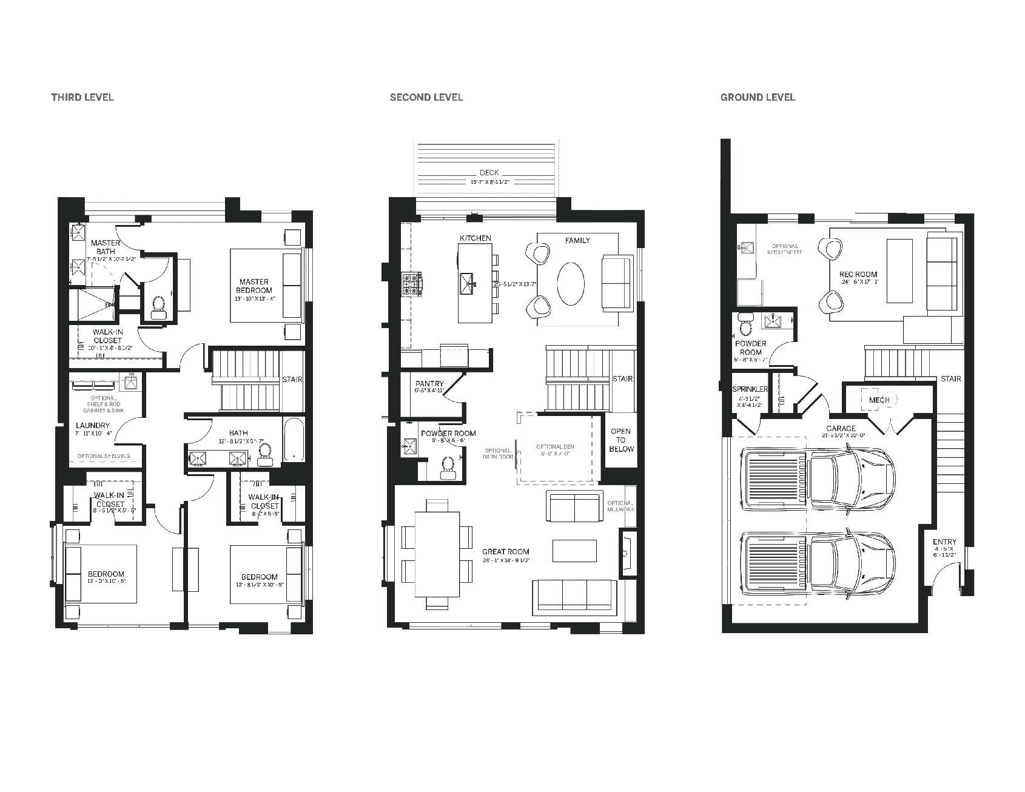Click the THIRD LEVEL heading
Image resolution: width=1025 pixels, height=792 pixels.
coord(82,97)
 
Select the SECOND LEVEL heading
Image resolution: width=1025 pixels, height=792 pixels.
coord(426,97)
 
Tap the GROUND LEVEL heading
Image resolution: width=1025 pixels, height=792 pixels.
coord(758,97)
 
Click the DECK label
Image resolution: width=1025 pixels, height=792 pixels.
coord(488,173)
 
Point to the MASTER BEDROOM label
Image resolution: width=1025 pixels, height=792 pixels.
coord(254,286)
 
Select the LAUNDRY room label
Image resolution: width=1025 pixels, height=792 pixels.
coord(93,426)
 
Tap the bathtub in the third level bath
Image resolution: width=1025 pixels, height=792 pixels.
coord(294,440)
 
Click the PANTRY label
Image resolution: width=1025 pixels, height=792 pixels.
coord(429,384)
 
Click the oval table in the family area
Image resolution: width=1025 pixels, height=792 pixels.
coord(571,283)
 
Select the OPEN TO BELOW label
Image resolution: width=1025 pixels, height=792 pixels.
coord(621,440)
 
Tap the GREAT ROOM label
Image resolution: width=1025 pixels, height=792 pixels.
coord(505,552)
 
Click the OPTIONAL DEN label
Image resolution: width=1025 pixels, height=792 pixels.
coord(555,447)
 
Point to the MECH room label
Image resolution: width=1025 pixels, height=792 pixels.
coord(879,400)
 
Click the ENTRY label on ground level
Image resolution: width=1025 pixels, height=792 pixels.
coord(944,542)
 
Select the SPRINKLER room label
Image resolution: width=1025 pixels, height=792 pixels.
coord(750,389)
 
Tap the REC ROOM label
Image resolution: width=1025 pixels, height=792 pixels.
coord(859,275)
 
